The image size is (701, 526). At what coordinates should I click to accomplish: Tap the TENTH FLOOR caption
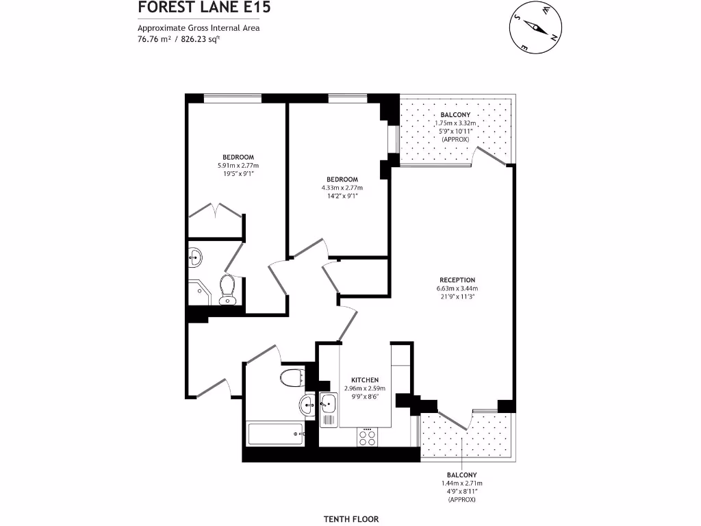[x=350, y=519]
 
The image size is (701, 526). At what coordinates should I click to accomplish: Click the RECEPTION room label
[x=457, y=280]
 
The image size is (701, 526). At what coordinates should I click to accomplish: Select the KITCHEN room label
[x=365, y=380]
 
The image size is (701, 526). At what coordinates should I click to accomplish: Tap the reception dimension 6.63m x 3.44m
[x=457, y=288]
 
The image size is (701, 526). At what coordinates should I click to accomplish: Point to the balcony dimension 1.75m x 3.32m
[x=455, y=123]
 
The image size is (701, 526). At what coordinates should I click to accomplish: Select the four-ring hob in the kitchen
[x=367, y=436]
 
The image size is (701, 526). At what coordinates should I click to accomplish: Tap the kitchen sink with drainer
[x=329, y=409]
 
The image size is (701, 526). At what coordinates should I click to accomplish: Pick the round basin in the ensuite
[x=195, y=258]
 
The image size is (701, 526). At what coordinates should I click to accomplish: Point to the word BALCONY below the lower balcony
[x=462, y=475]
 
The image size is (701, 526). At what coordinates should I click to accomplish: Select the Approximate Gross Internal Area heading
[x=199, y=28]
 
